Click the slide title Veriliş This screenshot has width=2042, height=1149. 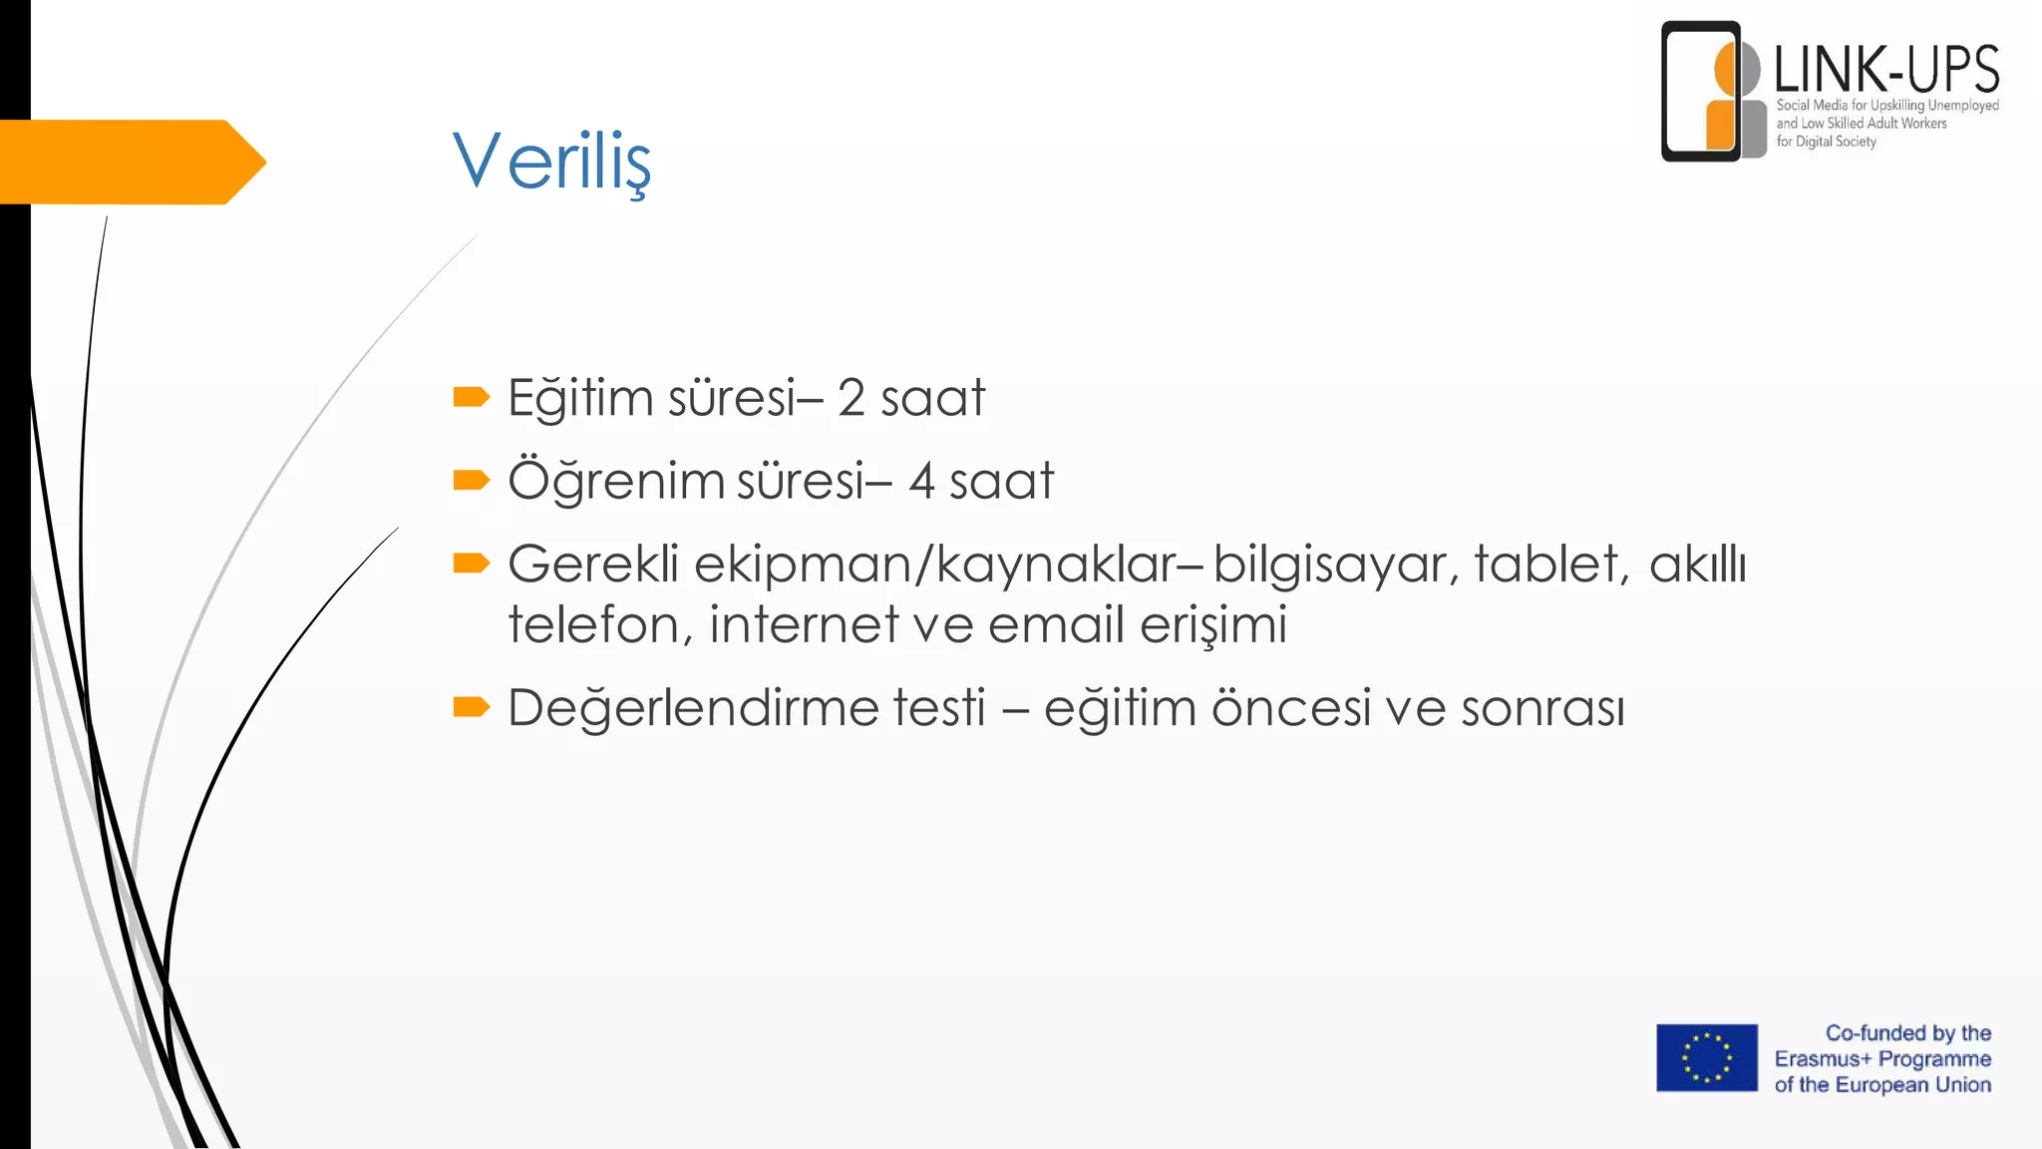(x=551, y=161)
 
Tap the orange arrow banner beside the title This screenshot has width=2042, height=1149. (x=130, y=162)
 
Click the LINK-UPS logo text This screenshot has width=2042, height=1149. (x=1886, y=70)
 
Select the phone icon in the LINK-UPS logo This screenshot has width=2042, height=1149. (x=1701, y=91)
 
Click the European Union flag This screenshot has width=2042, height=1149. (x=1706, y=1057)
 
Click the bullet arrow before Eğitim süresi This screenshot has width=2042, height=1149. (x=471, y=398)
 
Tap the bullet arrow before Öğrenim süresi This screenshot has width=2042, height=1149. (x=471, y=481)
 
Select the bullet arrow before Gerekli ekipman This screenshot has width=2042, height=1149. (x=471, y=564)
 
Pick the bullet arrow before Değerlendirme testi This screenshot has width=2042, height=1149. (x=471, y=707)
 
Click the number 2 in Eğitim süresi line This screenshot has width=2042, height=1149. (x=851, y=398)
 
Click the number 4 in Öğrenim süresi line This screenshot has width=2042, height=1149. (x=921, y=481)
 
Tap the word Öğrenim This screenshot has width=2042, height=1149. (x=616, y=481)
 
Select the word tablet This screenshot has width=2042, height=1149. (x=1550, y=564)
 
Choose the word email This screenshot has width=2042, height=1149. (x=1056, y=625)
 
